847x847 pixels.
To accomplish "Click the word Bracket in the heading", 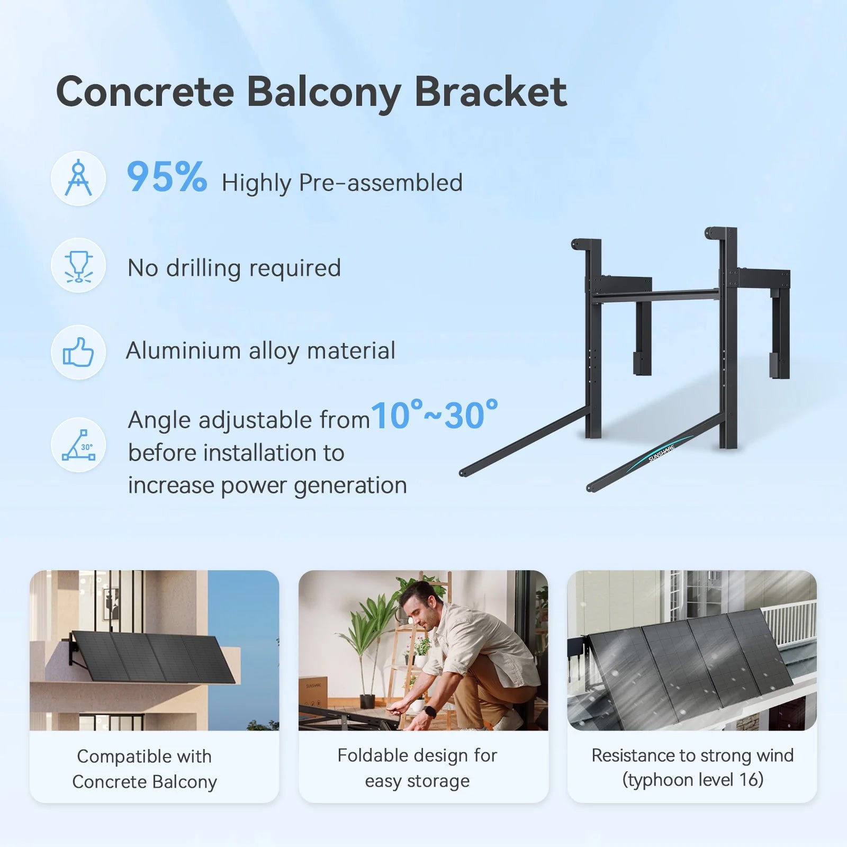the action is click(x=490, y=92).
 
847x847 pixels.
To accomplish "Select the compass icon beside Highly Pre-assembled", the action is click(x=78, y=178).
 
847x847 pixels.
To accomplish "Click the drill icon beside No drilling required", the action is click(x=78, y=265).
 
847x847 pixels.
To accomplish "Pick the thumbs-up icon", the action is click(x=78, y=352).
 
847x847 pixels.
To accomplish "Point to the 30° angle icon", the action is click(x=78, y=445).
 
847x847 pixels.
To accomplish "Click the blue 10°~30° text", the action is click(x=435, y=416).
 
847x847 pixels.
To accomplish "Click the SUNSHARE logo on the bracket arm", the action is click(x=662, y=453).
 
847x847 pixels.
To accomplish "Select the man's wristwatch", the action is click(x=430, y=711).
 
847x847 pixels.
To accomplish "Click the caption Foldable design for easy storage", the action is click(x=417, y=768).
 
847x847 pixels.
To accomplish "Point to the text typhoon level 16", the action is click(x=693, y=780).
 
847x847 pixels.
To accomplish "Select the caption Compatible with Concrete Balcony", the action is click(x=145, y=769).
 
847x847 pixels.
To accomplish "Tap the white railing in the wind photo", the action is click(x=789, y=623).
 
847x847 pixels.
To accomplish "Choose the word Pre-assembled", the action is click(x=381, y=183).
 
